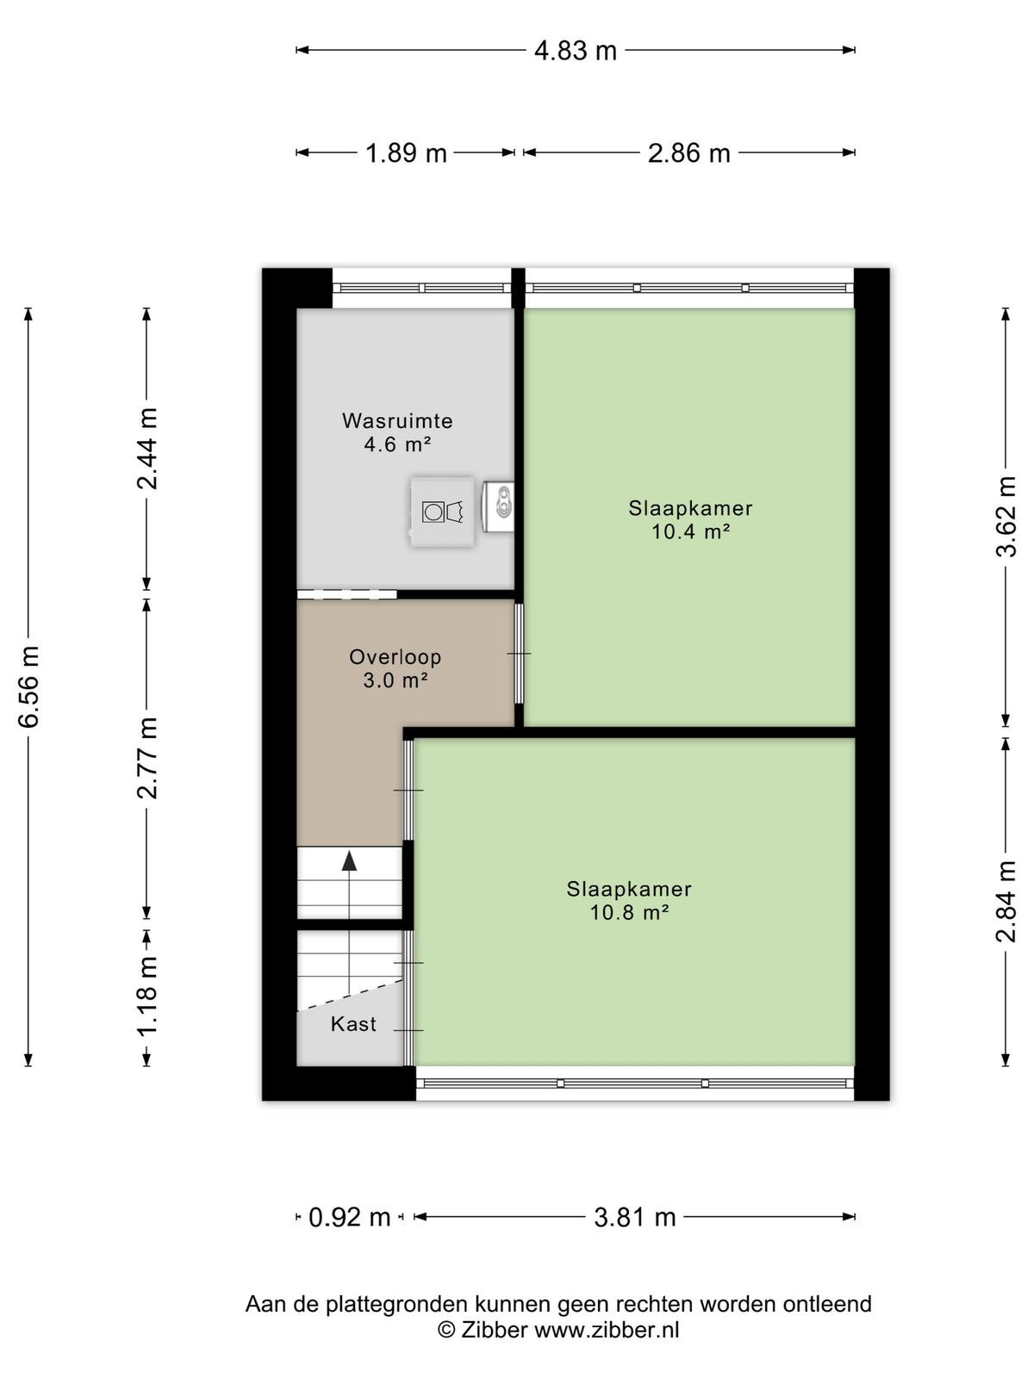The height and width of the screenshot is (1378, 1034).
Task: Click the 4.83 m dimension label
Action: click(x=575, y=51)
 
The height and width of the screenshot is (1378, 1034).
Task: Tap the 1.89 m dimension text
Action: click(x=406, y=153)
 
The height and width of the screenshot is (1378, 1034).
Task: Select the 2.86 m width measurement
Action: click(x=688, y=153)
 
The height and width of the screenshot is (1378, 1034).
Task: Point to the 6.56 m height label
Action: click(x=29, y=686)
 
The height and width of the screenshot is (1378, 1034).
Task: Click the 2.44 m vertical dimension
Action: click(x=147, y=448)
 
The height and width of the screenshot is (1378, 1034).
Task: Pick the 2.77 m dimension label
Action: click(x=147, y=757)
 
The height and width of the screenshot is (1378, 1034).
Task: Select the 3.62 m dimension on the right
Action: click(x=1006, y=516)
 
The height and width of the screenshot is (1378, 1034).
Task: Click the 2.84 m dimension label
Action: click(x=1006, y=901)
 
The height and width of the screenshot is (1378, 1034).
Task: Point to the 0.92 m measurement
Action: click(x=350, y=1217)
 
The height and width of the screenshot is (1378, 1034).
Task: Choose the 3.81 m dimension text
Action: click(x=635, y=1217)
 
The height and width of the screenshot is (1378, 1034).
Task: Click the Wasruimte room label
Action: click(x=397, y=420)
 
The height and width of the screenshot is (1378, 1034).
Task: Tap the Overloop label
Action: click(x=396, y=656)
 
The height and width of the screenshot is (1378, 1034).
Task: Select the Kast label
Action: click(x=353, y=1024)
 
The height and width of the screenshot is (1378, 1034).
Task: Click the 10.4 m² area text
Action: click(x=690, y=531)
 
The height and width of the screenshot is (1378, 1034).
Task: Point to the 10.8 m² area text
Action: click(x=628, y=912)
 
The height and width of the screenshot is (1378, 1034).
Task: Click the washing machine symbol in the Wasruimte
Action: click(x=442, y=512)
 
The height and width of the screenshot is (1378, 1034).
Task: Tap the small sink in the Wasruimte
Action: click(x=499, y=506)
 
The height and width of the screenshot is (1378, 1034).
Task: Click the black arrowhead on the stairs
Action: click(x=349, y=860)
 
